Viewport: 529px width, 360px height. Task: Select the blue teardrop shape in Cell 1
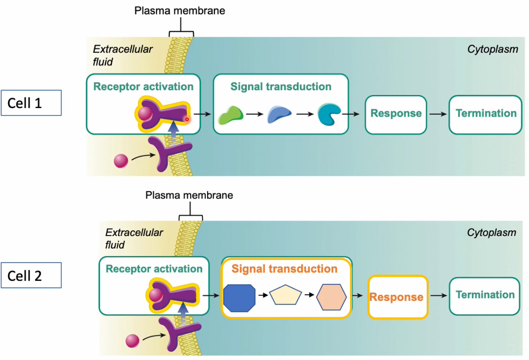coord(279,115)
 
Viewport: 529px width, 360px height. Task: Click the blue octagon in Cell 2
coord(240,298)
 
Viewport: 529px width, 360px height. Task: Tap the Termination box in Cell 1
coord(485,114)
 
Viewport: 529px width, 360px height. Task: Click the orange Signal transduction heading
coord(284,269)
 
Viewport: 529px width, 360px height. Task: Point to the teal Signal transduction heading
coord(281,87)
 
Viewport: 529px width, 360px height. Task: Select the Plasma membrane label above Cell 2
coord(189,195)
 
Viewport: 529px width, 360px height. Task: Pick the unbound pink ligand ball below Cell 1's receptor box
coord(121,161)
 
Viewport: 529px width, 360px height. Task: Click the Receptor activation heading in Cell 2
coord(154,269)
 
